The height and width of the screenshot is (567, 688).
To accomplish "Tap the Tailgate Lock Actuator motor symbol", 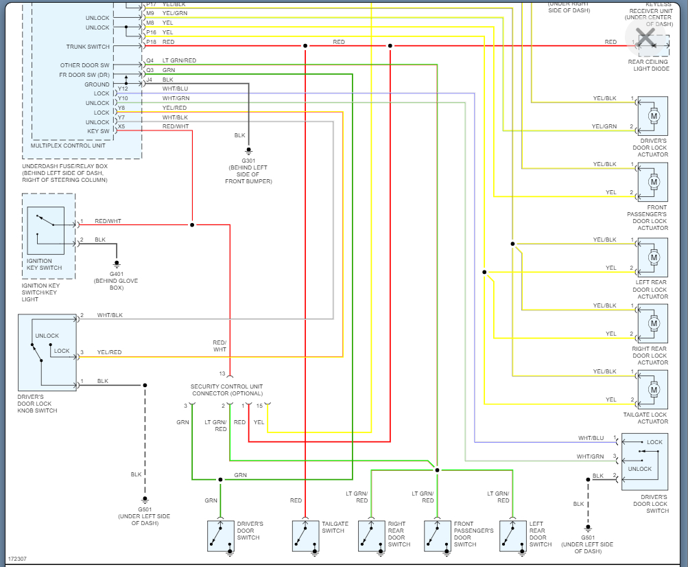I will [654, 390].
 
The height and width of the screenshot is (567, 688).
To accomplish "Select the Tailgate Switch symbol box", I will [305, 535].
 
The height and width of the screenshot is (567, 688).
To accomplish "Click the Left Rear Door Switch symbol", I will [512, 535].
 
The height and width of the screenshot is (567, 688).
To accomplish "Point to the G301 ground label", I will [248, 161].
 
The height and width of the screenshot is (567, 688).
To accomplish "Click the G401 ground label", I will [116, 274].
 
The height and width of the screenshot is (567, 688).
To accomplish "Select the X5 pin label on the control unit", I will [121, 126].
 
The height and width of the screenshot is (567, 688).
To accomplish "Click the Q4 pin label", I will [150, 60].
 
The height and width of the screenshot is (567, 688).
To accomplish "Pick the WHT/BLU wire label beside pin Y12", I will [175, 89].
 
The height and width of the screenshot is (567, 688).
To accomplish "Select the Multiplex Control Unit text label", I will [68, 146].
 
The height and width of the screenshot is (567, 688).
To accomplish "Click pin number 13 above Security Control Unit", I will [222, 373].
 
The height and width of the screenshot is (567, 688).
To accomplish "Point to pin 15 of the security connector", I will [259, 406].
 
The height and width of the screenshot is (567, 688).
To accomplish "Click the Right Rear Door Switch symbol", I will [372, 535].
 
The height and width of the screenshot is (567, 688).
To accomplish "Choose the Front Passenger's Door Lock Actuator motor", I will [654, 181].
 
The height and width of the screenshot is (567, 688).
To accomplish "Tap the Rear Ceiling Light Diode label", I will [648, 65].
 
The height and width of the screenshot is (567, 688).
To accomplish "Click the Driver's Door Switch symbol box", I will [220, 535].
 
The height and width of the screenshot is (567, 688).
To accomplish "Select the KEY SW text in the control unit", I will [98, 131].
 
